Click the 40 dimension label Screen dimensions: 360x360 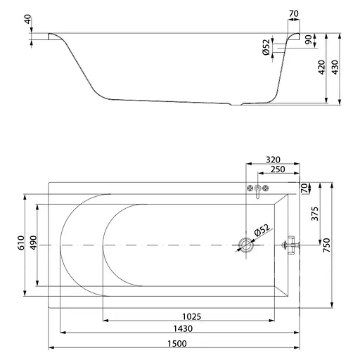27,19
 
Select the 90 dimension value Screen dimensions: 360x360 309,39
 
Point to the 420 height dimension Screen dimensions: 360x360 321,67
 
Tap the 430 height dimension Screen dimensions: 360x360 335,67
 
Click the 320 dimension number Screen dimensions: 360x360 273,160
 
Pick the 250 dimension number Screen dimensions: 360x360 278,169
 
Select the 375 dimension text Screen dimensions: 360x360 315,214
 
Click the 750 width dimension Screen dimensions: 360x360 326,245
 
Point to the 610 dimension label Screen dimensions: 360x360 21,243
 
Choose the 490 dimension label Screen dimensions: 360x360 34,243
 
